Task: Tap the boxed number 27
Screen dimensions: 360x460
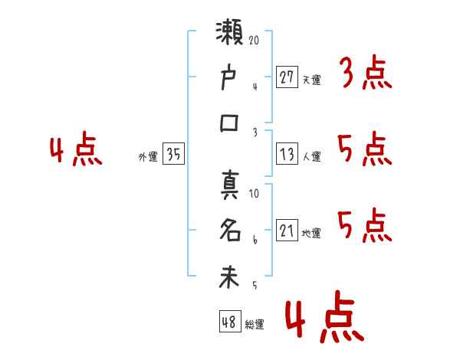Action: click(287, 77)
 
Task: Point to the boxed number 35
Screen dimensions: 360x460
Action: click(173, 155)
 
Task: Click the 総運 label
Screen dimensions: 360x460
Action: click(255, 324)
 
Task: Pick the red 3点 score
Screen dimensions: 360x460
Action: click(365, 74)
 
